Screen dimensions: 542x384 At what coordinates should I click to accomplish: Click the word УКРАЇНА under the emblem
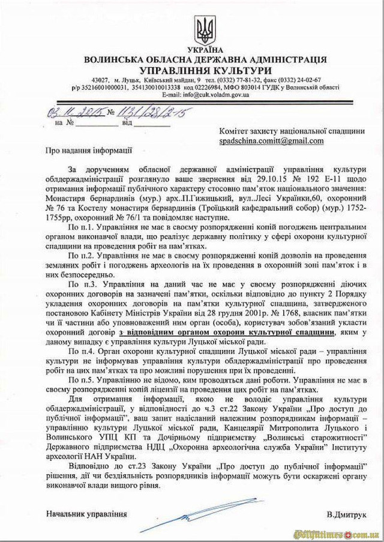point(205,49)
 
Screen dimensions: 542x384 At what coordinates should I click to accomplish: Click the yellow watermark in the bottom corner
point(341,532)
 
